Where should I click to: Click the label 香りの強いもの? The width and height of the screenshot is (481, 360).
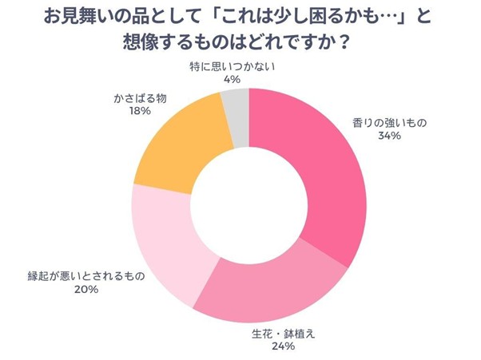coord(391,123)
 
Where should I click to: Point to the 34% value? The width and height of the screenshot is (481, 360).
coord(391,136)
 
